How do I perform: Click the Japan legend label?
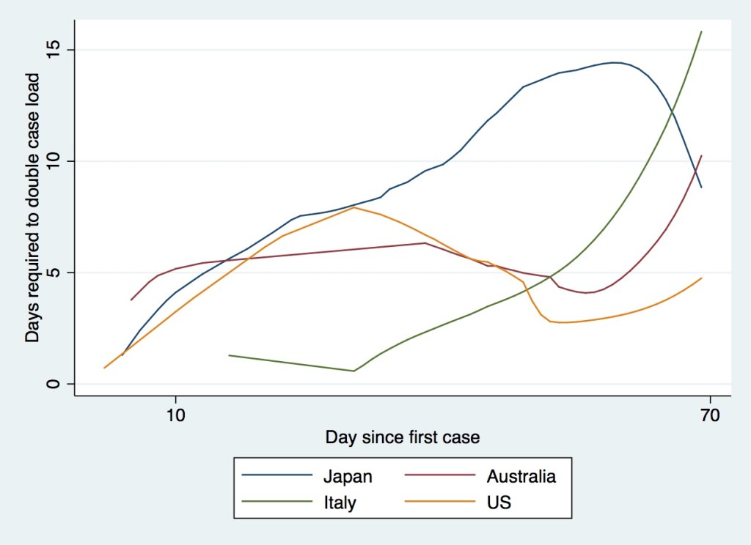click(x=348, y=477)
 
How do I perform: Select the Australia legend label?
click(x=521, y=477)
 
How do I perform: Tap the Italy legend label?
click(x=340, y=503)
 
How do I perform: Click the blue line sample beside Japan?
click(x=274, y=477)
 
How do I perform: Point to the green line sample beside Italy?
click(x=274, y=503)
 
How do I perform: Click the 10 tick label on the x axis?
click(x=175, y=414)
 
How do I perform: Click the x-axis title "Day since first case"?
click(x=403, y=438)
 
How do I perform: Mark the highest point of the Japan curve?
click(x=615, y=62)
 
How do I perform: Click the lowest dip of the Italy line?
click(x=353, y=371)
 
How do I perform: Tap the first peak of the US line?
click(x=354, y=207)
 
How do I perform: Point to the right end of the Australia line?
click(x=702, y=156)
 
